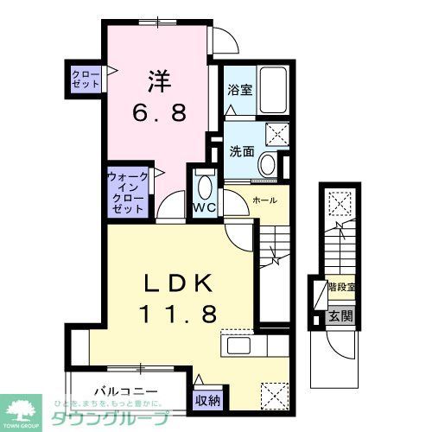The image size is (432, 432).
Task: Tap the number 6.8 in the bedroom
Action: pyautogui.click(x=158, y=113)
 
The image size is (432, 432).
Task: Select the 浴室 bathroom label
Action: pyautogui.click(x=239, y=87)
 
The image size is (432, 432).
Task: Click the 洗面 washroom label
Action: pyautogui.click(x=241, y=150)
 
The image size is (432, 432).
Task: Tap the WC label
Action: pyautogui.click(x=204, y=208)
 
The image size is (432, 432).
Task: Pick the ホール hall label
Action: pyautogui.click(x=264, y=200)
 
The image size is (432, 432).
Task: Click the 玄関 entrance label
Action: pyautogui.click(x=339, y=316)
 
